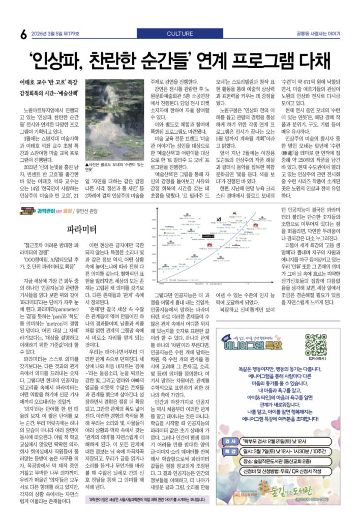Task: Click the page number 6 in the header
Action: tap(23, 35)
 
